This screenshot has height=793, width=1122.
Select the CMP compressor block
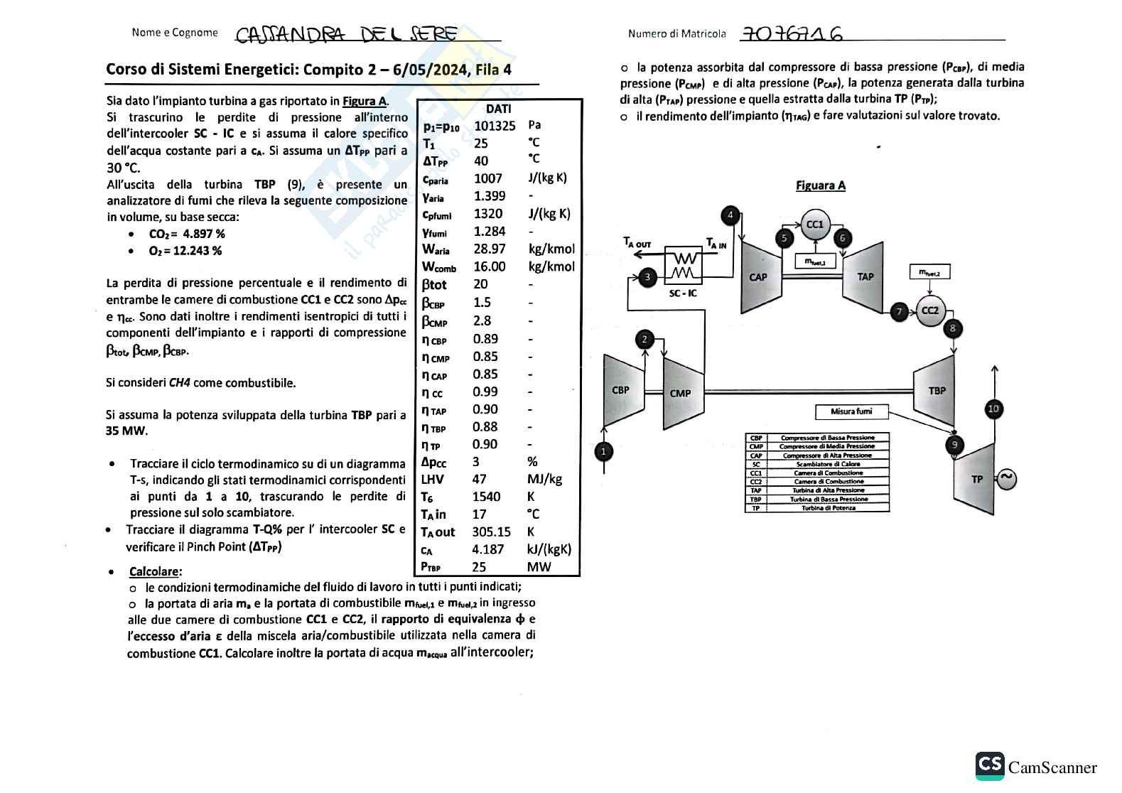coord(680,393)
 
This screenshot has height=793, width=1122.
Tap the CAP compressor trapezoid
coord(758,276)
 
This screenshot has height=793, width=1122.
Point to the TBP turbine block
coord(937,390)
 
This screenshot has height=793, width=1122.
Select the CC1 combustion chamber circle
coord(814,225)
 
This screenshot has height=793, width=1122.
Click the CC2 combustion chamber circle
coord(929,311)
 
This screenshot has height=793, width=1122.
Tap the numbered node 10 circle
coord(993,409)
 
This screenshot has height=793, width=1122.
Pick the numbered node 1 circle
coord(603,451)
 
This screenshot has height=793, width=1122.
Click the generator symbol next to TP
coord(1006,479)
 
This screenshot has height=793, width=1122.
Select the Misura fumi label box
coord(851,411)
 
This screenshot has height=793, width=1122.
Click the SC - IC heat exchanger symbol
coord(683,266)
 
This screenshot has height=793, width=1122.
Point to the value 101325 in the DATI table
coord(495,126)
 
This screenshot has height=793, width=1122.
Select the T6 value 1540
coord(486,497)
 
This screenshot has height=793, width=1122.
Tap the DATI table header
coord(498,109)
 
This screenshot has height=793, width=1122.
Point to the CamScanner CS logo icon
coord(990,766)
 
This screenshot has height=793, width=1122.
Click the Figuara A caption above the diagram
coord(820,185)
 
